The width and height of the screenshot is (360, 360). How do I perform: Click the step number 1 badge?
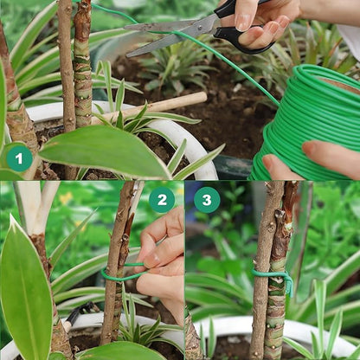(19, 157)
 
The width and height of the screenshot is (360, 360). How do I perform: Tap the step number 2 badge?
(161, 200)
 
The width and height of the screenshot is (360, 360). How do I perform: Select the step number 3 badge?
(206, 200)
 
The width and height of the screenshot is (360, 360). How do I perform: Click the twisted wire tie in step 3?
(275, 277)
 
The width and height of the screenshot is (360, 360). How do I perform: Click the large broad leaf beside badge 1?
(104, 151)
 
